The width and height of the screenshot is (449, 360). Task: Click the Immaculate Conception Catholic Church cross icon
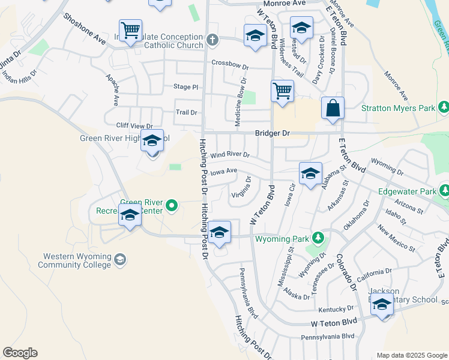coord(211,41)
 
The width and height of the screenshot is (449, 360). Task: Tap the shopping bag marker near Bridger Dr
coord(333,109)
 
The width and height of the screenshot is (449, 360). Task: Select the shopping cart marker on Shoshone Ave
coord(130,29)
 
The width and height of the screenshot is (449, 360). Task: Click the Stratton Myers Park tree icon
coord(444,107)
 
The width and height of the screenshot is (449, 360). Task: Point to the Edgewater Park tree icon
coord(444,190)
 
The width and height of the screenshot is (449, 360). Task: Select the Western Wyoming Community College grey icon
coord(119,259)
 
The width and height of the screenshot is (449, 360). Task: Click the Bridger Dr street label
coord(273,133)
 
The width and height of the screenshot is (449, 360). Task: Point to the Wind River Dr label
coord(229,155)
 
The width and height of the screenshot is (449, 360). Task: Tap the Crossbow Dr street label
coord(229,64)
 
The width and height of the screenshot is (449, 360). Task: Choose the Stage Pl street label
coord(185,87)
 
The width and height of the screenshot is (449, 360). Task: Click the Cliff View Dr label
coord(134,126)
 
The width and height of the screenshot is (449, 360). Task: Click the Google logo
coord(20,353)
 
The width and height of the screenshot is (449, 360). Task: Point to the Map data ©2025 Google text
coord(411,355)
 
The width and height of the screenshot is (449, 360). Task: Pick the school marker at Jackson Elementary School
coord(382,304)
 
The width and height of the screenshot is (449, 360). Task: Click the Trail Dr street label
coord(186,112)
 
